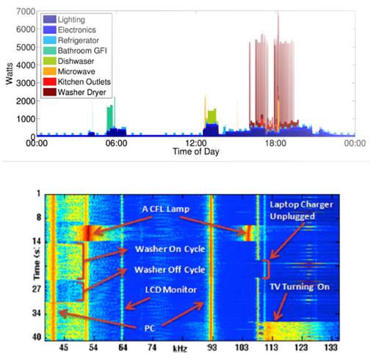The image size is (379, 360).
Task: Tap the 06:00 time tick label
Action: point(116,145)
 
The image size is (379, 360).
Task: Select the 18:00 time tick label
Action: point(276,145)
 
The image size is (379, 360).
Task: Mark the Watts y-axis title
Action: point(8,73)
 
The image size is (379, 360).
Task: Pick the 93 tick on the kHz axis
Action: point(212,346)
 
